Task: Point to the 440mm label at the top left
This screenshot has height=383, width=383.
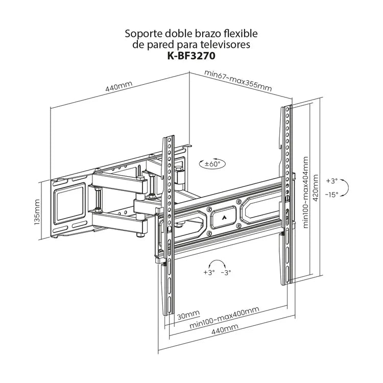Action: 118,87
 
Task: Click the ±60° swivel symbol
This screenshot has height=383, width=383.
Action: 211,164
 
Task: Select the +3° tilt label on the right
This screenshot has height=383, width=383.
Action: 332,181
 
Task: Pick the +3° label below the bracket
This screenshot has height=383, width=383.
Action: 208,273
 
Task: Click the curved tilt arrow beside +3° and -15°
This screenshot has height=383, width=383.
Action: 346,187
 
